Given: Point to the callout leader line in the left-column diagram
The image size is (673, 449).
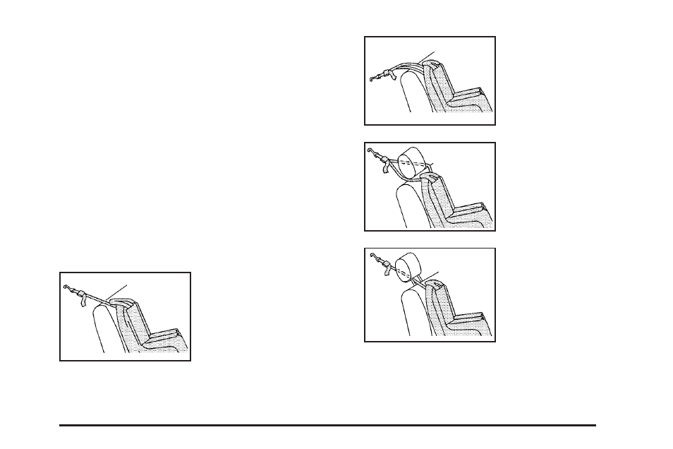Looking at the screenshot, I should [118, 290].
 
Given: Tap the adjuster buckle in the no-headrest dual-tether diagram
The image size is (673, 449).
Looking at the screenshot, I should [384, 73].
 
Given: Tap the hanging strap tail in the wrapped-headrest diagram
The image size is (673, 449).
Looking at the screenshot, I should [385, 169].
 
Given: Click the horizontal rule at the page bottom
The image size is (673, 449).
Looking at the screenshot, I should [327, 425].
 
